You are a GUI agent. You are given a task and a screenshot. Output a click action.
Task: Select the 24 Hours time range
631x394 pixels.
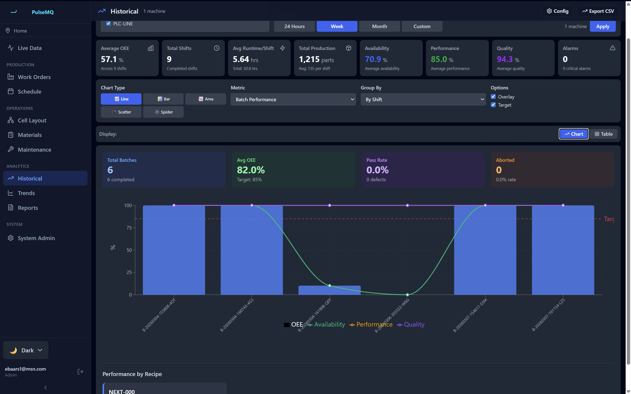pos(294,26)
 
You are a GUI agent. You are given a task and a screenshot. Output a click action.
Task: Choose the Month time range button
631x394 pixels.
pos(379,26)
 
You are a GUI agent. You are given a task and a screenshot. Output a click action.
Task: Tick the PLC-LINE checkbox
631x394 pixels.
pos(108,23)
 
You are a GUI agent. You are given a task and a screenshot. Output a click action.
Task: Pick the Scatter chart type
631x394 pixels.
pos(121,112)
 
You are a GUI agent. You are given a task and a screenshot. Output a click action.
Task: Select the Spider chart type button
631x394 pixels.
pos(163,112)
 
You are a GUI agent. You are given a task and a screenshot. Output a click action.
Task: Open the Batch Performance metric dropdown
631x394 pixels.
pos(293,99)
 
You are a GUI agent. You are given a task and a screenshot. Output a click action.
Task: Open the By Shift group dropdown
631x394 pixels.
pos(423,99)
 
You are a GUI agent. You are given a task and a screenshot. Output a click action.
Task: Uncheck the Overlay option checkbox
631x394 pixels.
pos(493,97)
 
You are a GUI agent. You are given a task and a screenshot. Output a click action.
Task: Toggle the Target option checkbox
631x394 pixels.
pos(493,105)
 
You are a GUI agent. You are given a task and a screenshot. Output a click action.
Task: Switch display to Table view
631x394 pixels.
pos(603,134)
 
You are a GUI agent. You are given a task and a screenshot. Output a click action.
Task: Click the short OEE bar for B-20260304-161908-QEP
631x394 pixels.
pos(329,290)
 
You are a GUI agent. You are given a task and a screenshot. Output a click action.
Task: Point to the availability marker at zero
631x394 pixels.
pos(407,295)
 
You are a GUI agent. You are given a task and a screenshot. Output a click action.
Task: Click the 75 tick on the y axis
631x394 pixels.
pos(129,228)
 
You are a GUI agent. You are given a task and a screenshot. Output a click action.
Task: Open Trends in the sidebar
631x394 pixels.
pos(26,193)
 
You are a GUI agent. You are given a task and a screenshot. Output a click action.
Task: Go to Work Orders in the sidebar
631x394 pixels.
pos(34,77)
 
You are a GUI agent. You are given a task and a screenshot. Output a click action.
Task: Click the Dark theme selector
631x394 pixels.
pos(26,350)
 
